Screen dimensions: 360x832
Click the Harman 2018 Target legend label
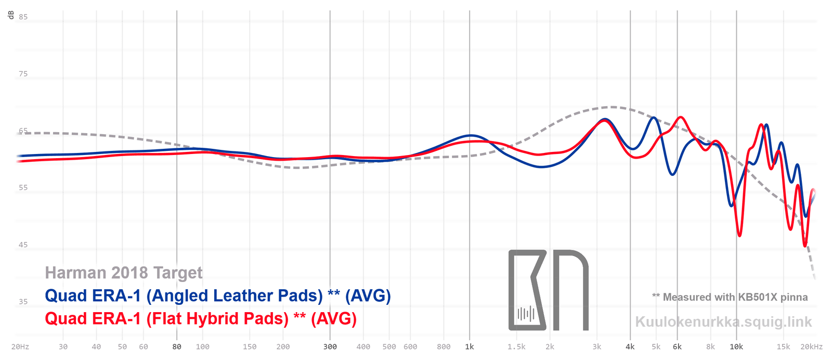[x=124, y=273]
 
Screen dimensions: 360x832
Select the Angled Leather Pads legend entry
[x=217, y=295]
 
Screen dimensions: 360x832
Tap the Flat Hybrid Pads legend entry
[x=201, y=318]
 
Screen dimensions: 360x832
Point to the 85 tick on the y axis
[x=23, y=17]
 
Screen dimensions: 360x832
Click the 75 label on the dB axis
[x=23, y=74]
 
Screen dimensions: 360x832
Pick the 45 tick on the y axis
[x=23, y=245]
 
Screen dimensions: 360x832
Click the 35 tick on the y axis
[x=23, y=302]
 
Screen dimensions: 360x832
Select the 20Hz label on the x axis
[x=20, y=347]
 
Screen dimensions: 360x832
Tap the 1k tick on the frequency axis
[x=470, y=347]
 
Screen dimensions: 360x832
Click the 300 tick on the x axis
[x=330, y=347]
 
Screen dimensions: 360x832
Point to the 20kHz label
[x=812, y=347]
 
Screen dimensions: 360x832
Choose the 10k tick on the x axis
[x=736, y=347]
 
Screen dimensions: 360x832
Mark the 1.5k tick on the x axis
[x=516, y=347]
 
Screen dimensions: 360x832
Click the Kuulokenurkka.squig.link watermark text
[x=723, y=322]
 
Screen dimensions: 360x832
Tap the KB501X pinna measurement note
[x=730, y=297]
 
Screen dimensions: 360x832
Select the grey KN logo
[x=548, y=290]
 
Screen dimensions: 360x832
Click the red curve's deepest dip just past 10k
[x=739, y=236]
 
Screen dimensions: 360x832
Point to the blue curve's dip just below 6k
[x=673, y=174]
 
